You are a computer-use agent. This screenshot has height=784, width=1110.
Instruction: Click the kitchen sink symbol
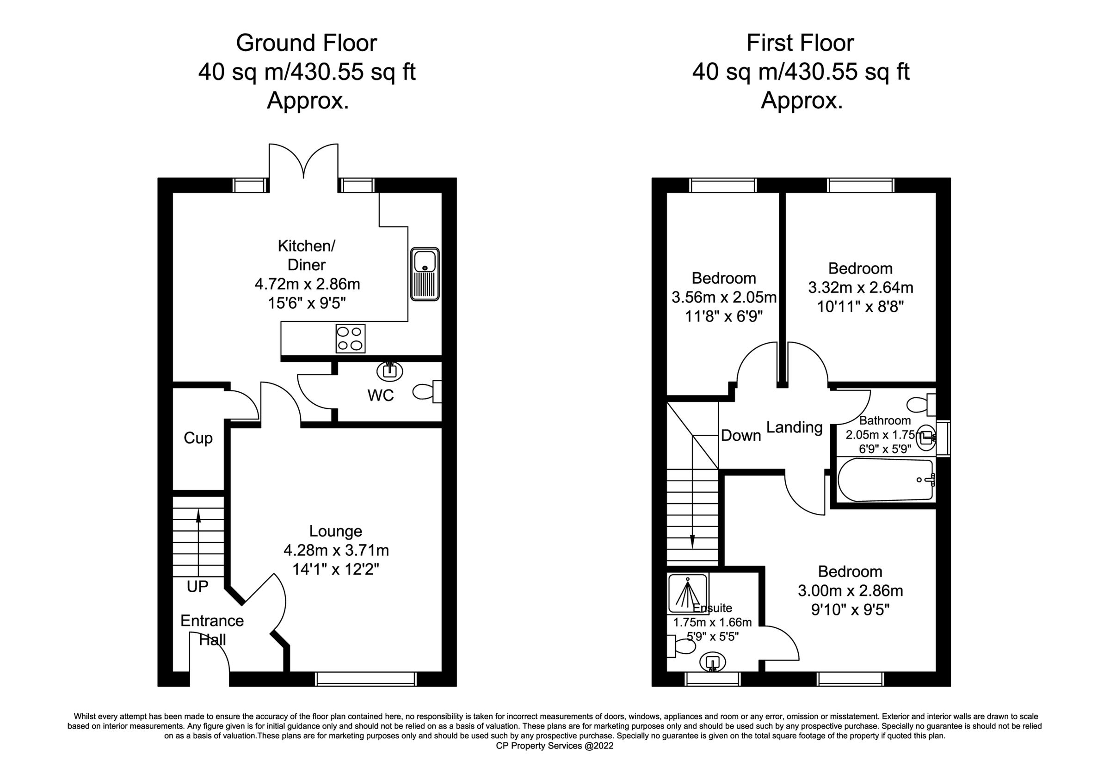[425, 274]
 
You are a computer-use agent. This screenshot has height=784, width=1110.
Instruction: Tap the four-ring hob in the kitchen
[350, 338]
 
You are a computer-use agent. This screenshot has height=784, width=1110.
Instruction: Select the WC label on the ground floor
[381, 395]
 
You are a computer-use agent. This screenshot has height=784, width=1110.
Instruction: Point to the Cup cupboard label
[198, 438]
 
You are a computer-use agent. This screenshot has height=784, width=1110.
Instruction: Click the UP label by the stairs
[197, 586]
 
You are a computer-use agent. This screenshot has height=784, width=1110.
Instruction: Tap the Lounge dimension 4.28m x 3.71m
[336, 550]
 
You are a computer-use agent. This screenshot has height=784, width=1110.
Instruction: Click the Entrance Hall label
[212, 630]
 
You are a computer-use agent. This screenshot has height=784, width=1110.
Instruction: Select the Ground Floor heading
[306, 43]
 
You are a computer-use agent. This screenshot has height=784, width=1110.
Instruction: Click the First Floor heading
[800, 43]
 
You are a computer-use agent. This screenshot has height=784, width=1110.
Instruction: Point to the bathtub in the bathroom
[885, 480]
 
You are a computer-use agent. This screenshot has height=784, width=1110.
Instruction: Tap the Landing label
[794, 427]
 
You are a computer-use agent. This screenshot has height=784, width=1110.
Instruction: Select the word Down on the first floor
[740, 436]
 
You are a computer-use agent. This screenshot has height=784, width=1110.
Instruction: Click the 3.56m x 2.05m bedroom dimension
[724, 297]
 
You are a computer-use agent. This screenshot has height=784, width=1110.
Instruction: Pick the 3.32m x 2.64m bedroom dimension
[861, 288]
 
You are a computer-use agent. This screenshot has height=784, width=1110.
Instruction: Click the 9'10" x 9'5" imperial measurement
[850, 610]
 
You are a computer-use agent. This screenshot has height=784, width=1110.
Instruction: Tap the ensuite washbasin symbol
[713, 663]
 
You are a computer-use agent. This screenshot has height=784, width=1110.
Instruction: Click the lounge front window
[365, 679]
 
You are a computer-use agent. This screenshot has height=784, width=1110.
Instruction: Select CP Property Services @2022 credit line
[555, 746]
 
